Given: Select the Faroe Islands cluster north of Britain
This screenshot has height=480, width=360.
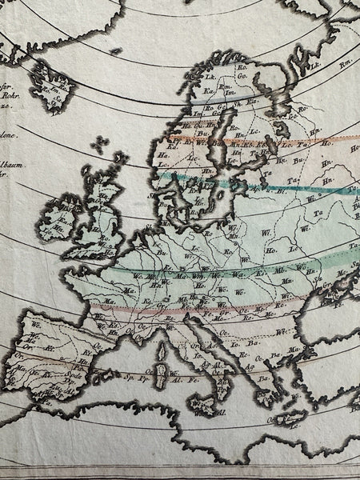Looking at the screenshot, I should coord(99,146).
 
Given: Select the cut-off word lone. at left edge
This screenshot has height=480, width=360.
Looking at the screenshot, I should coord(7,138).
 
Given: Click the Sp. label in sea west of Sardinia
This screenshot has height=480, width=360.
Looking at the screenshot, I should coord(129,374).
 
